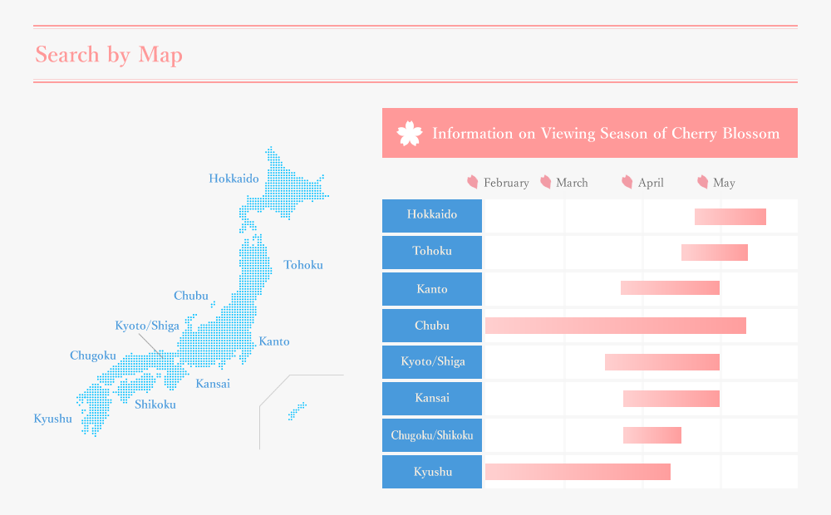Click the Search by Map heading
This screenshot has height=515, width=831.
tap(109, 55)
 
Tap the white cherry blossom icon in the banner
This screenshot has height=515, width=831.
tap(410, 133)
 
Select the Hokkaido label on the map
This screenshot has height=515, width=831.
tap(234, 179)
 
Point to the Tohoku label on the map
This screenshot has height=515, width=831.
tap(303, 265)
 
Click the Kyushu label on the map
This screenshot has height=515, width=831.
tap(53, 419)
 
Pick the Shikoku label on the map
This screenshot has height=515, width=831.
tap(155, 405)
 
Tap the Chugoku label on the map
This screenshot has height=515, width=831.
tap(93, 356)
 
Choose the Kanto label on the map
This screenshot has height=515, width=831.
tap(274, 341)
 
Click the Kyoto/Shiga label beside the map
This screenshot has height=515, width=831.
tap(147, 326)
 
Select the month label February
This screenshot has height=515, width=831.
tap(506, 183)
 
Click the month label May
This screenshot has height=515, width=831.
tap(724, 183)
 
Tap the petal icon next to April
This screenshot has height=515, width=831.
tap(627, 182)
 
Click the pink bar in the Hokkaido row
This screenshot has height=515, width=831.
tap(730, 217)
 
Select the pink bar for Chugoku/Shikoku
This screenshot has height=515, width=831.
tap(652, 435)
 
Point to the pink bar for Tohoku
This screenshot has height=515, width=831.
tap(715, 253)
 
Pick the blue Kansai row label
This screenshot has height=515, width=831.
tap(432, 399)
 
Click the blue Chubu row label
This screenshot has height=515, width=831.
tap(432, 326)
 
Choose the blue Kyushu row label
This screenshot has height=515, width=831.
tap(432, 472)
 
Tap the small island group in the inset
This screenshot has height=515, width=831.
tap(297, 411)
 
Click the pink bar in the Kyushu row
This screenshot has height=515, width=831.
tap(578, 472)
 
